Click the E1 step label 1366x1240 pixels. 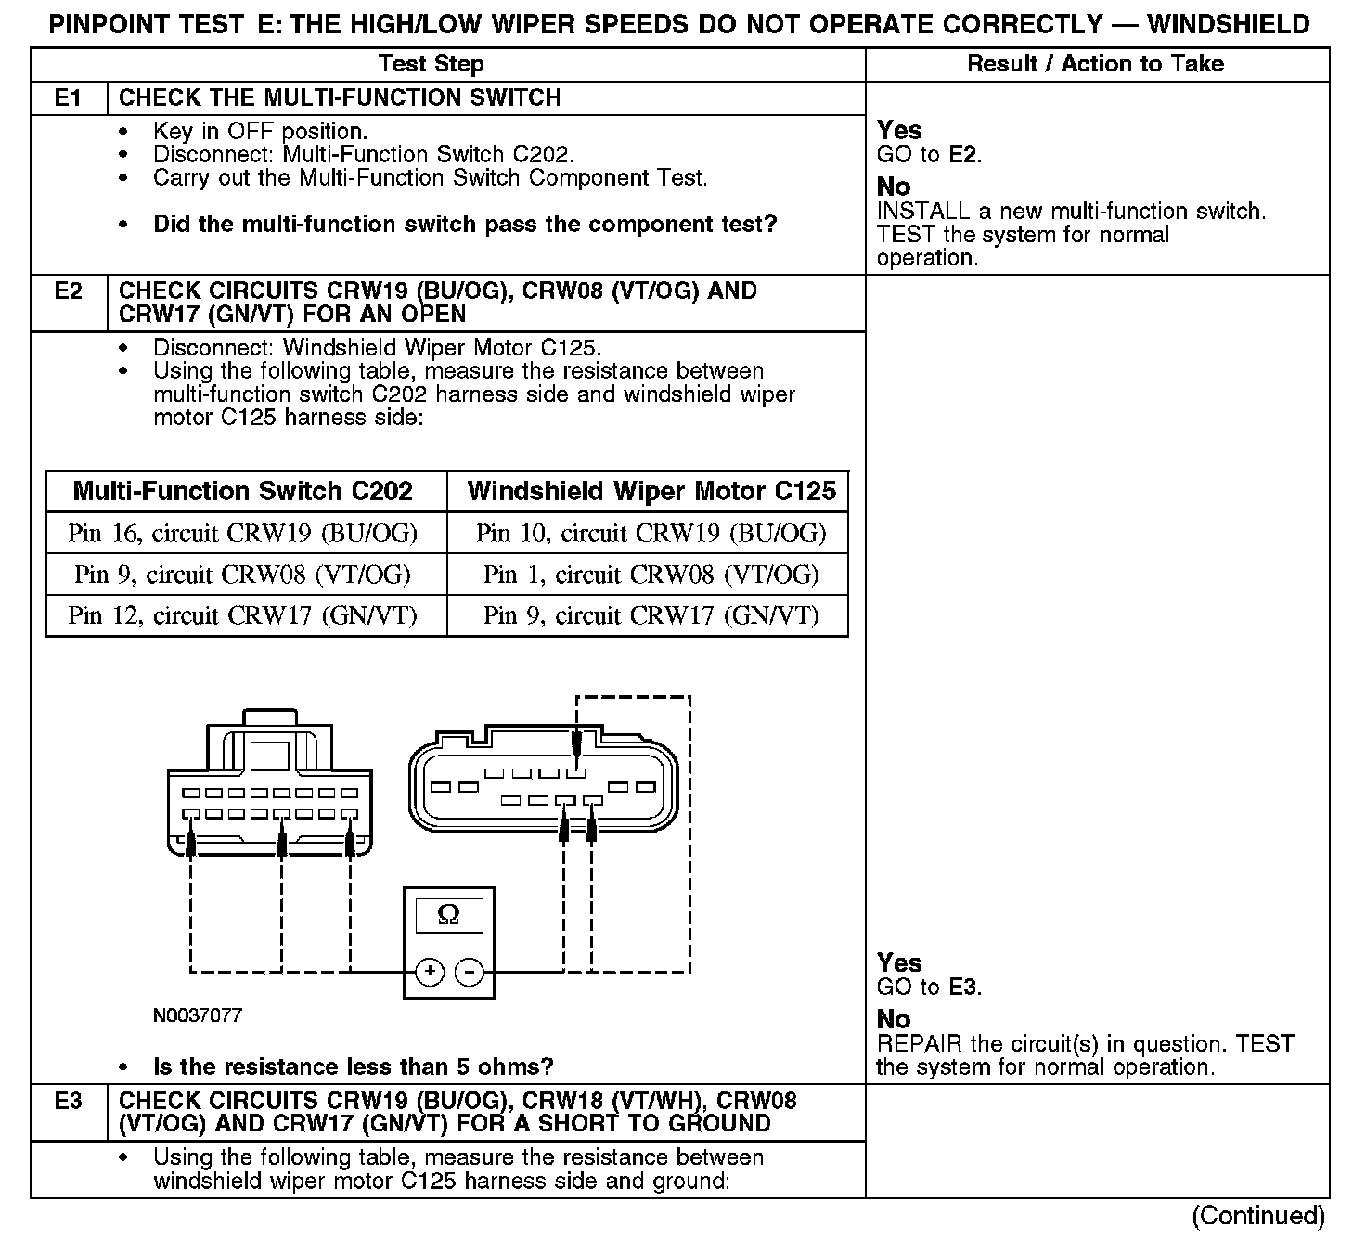tap(68, 98)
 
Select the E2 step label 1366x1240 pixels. tap(68, 291)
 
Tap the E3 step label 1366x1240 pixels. tap(68, 1101)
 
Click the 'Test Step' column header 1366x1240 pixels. tap(431, 64)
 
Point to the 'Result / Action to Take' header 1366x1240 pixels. tap(1095, 64)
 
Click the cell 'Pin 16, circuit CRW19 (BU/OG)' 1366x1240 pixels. tap(243, 534)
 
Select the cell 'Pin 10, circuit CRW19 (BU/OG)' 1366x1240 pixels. tap(651, 534)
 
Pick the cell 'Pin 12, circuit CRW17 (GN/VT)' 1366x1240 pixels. tap(243, 615)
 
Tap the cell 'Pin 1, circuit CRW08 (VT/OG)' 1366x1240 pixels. tap(651, 575)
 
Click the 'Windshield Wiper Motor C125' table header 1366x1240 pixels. tap(651, 491)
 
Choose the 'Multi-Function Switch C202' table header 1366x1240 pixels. tap(243, 491)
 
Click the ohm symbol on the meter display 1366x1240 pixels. tap(448, 915)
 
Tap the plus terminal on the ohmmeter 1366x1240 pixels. tap(430, 972)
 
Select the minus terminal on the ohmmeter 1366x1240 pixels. tap(470, 972)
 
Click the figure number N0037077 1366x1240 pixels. tap(197, 1015)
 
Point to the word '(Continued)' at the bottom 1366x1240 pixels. tap(1258, 1216)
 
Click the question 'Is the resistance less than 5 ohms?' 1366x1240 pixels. tap(353, 1066)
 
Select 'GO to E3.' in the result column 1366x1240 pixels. tap(929, 988)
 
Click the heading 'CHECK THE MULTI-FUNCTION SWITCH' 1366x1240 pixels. tap(340, 98)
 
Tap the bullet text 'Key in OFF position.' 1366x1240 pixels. tap(260, 132)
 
